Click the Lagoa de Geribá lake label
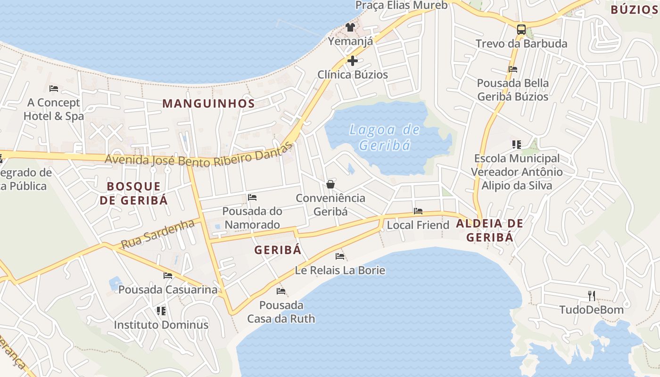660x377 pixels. [385, 137]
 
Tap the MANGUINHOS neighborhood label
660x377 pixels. [208, 103]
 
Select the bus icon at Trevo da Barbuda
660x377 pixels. [521, 30]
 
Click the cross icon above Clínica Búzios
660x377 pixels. [352, 60]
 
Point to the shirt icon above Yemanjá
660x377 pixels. [350, 27]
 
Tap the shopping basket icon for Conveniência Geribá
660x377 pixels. [330, 184]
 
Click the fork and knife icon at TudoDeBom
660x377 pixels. [592, 295]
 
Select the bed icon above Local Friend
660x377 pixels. [418, 211]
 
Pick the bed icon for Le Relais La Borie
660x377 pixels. [340, 256]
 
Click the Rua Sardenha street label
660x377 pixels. [157, 234]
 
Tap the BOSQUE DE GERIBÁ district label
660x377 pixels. [133, 193]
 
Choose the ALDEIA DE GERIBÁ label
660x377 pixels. [489, 230]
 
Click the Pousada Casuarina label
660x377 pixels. [168, 289]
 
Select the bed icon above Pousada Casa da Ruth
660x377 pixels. [281, 291]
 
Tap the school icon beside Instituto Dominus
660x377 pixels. [161, 311]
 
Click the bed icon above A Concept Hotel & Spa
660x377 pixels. [54, 88]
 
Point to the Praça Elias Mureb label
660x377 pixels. [401, 5]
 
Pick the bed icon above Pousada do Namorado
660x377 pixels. [252, 197]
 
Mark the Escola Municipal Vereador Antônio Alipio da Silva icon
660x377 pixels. [517, 144]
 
